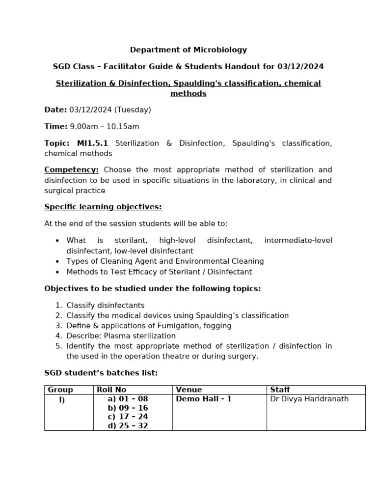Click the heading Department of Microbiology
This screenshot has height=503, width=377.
pos(188,50)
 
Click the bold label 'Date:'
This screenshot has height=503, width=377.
pos(55,110)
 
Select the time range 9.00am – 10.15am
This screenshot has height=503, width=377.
pos(105,127)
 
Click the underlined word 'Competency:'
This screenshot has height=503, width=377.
pos(72,170)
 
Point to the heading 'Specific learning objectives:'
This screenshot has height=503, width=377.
pos(103,207)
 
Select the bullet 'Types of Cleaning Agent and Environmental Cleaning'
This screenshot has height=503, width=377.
pos(165,261)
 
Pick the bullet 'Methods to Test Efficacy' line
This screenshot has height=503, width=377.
pos(159,272)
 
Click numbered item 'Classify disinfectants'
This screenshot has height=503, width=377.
pos(106,306)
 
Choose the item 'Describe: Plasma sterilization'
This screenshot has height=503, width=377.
pos(121,336)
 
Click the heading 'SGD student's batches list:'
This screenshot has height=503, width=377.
pos(101,373)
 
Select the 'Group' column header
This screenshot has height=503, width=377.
pos(60,390)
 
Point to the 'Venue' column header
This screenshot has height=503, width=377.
pos(189,390)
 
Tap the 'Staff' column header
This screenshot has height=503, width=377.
pos(280,390)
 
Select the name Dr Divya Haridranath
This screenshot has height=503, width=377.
pos(309,399)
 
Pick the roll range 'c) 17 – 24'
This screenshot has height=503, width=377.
pos(128,417)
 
